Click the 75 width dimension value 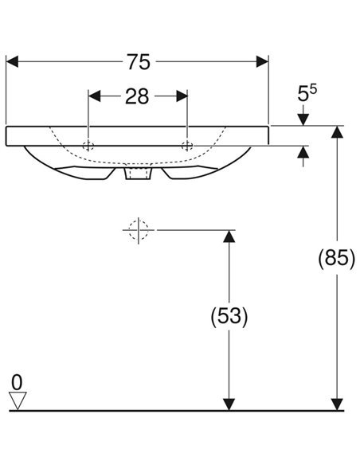tap(139, 62)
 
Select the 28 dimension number tap(137, 96)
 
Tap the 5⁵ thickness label tap(307, 93)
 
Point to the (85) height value tap(336, 258)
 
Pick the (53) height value tap(229, 315)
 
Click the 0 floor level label tap(17, 382)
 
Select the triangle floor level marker tap(18, 400)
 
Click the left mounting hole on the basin tap(88, 146)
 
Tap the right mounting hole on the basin tap(187, 146)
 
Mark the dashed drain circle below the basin tap(139, 230)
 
